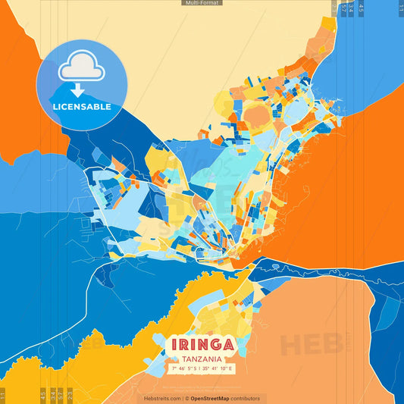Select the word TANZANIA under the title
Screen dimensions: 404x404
(202, 359)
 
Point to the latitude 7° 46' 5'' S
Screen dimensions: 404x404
(184, 368)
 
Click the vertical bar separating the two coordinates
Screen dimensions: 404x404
(202, 368)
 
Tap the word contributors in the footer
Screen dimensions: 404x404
(246, 398)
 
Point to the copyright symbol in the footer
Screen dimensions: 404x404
(186, 398)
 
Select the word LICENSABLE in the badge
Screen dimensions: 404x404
(81, 107)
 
